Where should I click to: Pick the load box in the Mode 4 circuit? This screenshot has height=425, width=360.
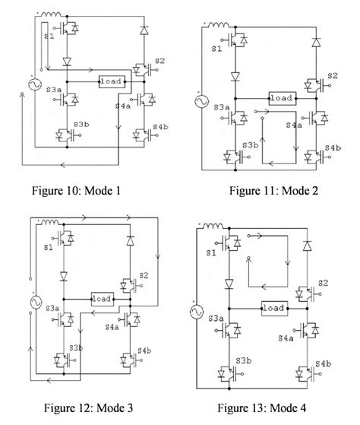click(276, 309)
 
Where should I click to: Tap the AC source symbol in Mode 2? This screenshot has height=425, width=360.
click(201, 100)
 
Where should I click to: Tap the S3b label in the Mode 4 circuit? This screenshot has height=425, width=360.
click(242, 360)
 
